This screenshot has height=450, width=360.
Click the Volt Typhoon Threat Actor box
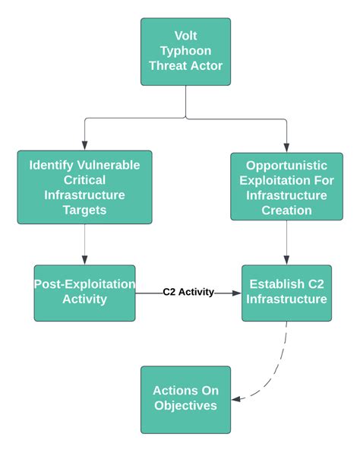[x=185, y=52]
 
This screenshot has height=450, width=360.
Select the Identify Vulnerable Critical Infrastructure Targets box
[x=84, y=187]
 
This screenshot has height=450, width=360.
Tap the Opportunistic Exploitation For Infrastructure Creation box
[x=286, y=186]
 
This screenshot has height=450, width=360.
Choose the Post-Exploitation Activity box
[x=84, y=293]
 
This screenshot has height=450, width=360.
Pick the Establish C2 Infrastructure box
[x=286, y=293]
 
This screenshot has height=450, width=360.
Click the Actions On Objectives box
[x=185, y=400]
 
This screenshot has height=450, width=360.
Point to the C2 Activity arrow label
[x=188, y=292]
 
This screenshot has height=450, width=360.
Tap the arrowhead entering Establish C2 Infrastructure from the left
[x=237, y=293]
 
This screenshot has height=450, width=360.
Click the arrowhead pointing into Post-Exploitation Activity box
[x=84, y=260]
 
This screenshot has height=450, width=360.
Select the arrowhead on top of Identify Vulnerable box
[x=84, y=146]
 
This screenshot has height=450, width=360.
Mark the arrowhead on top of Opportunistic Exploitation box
[x=286, y=147]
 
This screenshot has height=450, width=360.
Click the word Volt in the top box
[x=185, y=36]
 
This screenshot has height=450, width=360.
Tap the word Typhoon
[x=185, y=51]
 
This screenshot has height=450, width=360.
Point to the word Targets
[x=84, y=210]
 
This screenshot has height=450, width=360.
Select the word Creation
[x=286, y=211]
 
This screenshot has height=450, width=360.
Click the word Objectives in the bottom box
[x=185, y=406]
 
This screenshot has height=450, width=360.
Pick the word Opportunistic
[x=286, y=166]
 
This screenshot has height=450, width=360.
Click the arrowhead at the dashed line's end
[x=236, y=399]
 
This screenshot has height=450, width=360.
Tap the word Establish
[x=273, y=284]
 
